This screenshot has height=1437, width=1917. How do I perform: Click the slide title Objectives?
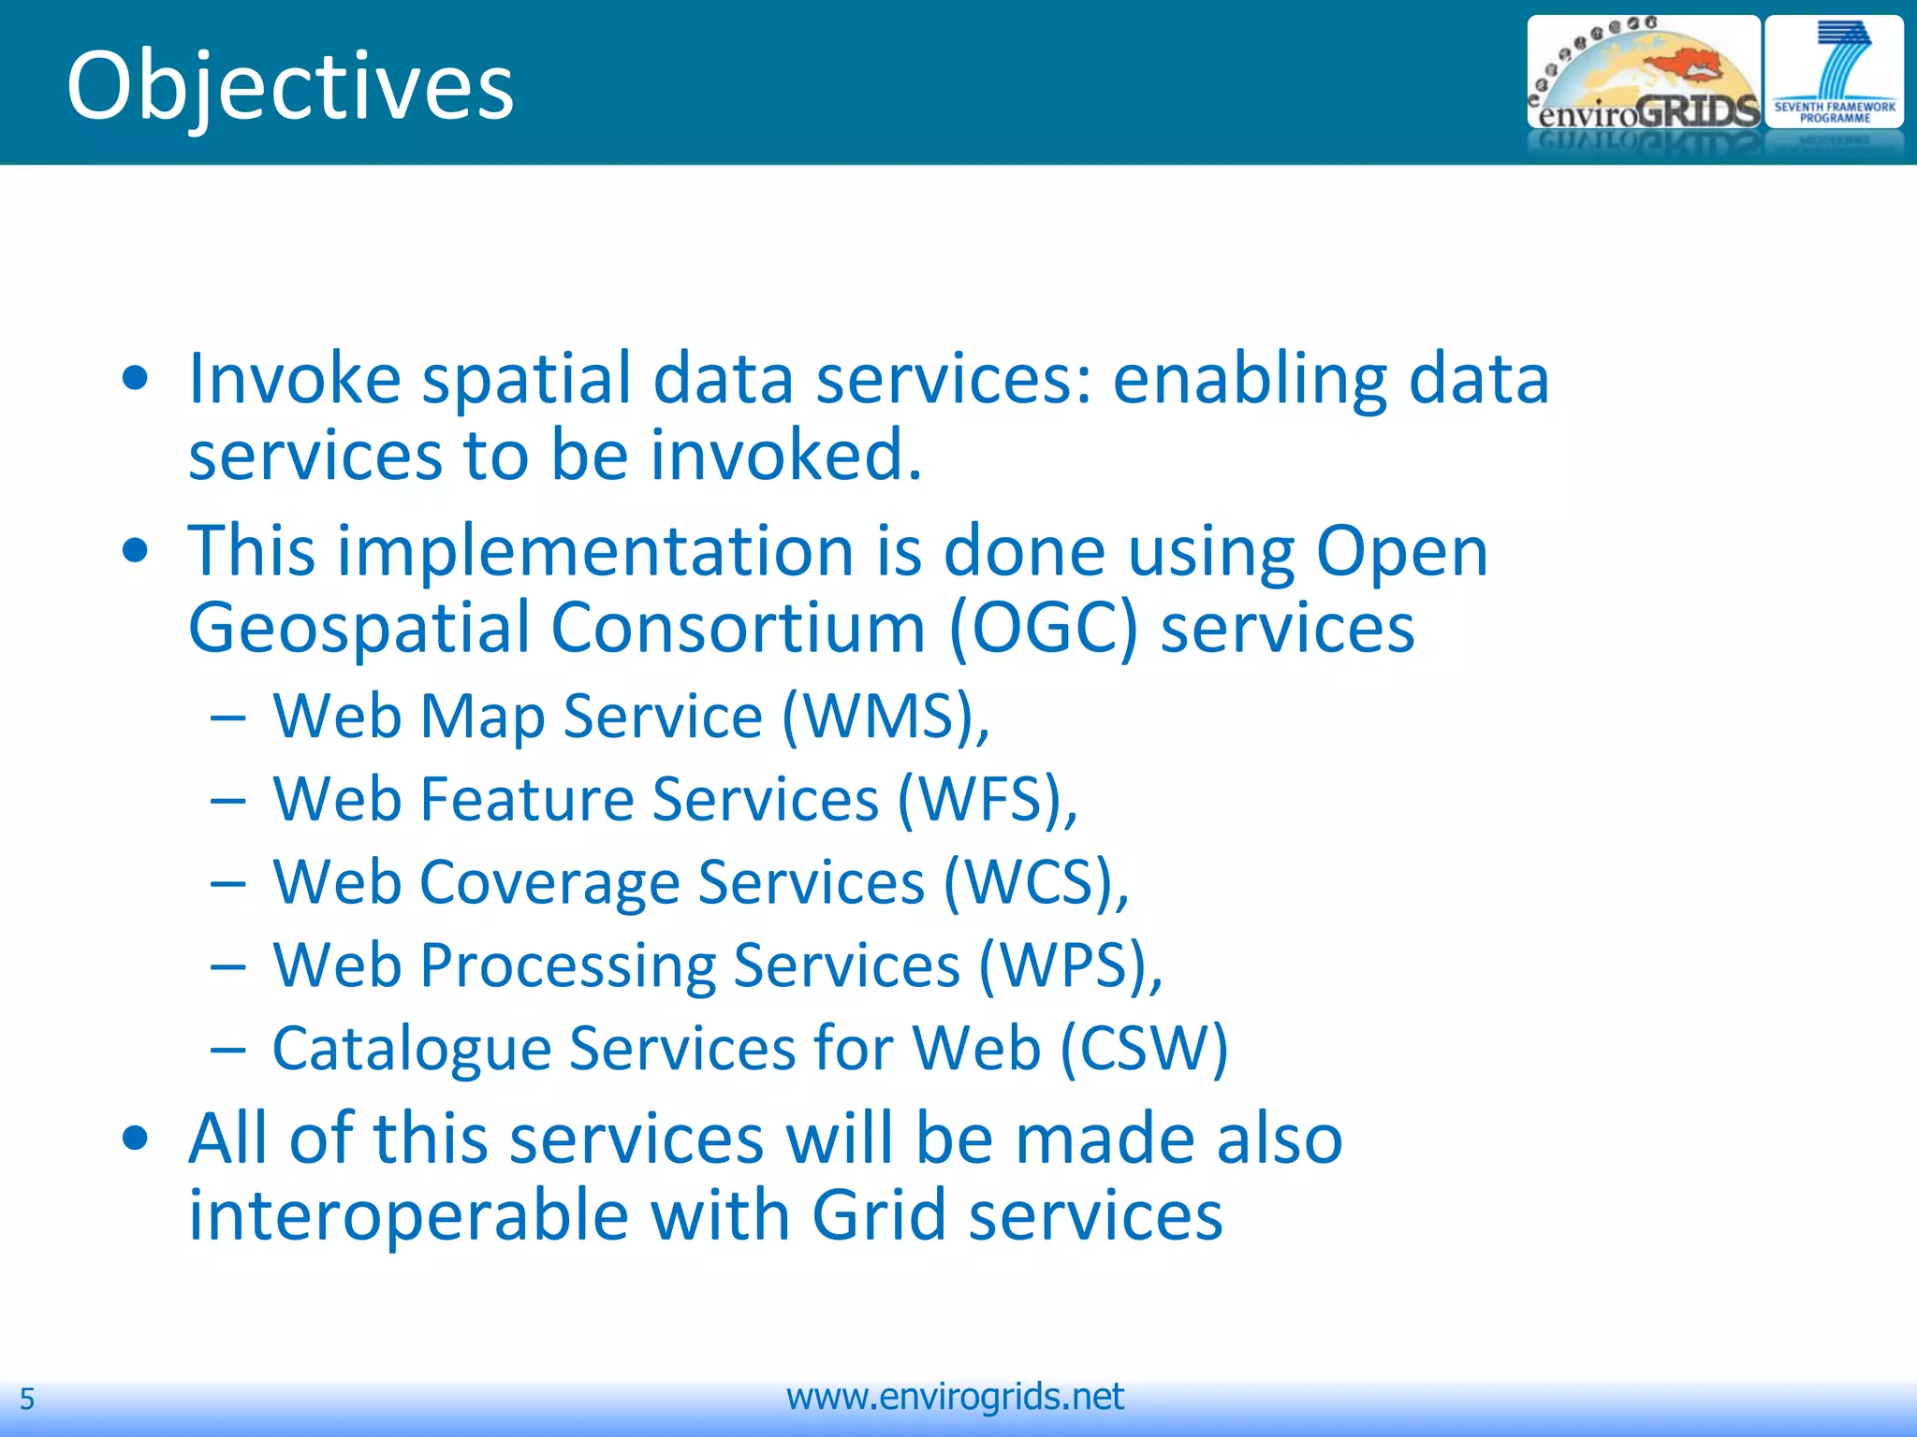point(290,86)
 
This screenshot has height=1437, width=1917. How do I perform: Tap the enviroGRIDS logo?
point(1643,75)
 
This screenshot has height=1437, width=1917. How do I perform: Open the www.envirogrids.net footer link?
point(955,1397)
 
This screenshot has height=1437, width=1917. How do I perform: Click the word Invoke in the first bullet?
point(294,378)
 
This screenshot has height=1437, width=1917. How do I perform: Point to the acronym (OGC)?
point(1043,628)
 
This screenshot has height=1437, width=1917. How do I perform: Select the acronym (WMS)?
point(885,717)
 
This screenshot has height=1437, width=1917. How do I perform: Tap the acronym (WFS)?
point(987,800)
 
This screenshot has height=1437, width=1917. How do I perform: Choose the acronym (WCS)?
point(1035,883)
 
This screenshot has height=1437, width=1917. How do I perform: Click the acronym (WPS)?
point(1070,965)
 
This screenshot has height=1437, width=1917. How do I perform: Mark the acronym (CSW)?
point(1143,1048)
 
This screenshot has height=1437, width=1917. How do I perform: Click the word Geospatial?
point(359,630)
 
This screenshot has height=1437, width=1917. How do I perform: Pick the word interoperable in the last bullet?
point(409,1215)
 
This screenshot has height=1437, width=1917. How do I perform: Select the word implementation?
point(595,551)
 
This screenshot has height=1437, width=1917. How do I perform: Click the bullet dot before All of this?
point(136,1139)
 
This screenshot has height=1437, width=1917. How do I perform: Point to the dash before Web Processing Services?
point(227,965)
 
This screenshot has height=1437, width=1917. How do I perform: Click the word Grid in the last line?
point(879,1214)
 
